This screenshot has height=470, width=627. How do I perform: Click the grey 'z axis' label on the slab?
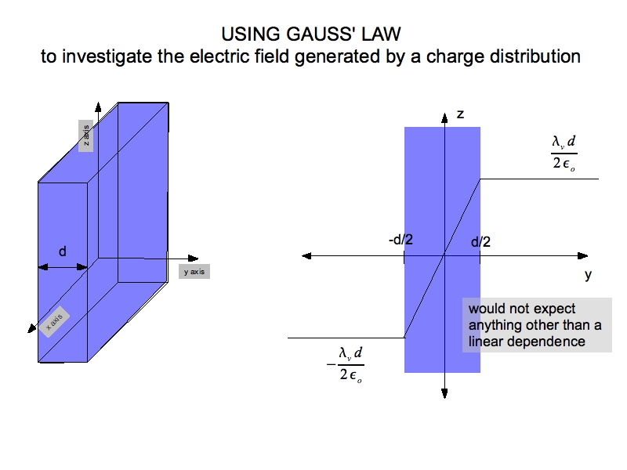click(x=86, y=136)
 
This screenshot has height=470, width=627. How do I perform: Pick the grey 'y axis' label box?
click(x=194, y=272)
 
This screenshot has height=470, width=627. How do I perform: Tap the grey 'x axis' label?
click(x=54, y=322)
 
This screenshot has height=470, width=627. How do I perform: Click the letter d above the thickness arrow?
click(x=63, y=251)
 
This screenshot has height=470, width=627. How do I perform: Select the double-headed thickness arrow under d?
click(x=63, y=267)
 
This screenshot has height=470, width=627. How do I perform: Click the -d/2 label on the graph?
click(x=400, y=240)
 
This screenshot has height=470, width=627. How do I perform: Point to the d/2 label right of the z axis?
click(x=480, y=242)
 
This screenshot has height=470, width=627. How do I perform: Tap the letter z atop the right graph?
click(x=460, y=114)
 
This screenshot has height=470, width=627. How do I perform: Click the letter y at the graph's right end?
click(x=588, y=275)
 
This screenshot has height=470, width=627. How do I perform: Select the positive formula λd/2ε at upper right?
click(x=564, y=153)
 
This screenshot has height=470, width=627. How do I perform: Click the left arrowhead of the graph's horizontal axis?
click(x=306, y=255)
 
